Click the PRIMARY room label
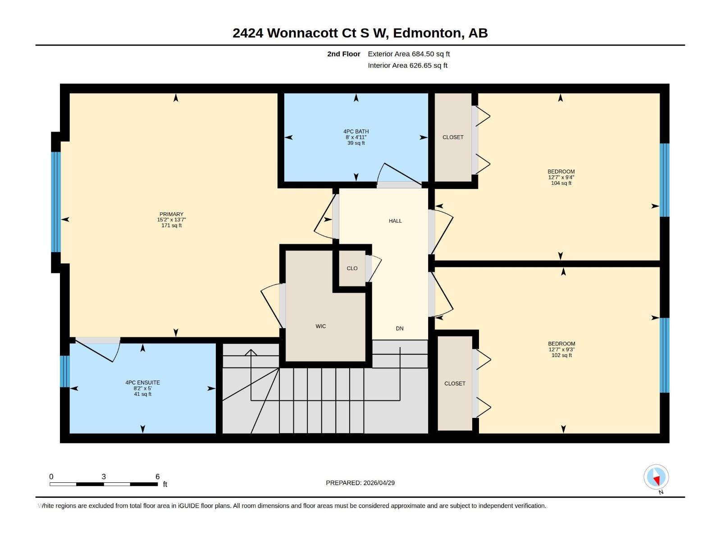(171, 214)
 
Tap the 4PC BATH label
(356, 132)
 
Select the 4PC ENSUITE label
(142, 382)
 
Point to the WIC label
(320, 326)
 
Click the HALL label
(395, 220)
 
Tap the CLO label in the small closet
(352, 268)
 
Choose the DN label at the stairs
(400, 328)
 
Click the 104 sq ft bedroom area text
(561, 183)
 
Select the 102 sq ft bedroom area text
(561, 355)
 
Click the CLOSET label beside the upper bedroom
(453, 137)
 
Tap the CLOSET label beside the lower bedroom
(455, 383)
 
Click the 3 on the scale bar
(104, 477)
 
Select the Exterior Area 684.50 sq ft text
(409, 54)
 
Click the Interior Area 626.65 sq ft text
(407, 65)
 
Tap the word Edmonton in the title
(428, 33)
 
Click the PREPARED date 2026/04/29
(378, 482)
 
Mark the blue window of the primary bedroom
(55, 202)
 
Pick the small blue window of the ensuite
(64, 371)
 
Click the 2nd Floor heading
(343, 54)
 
